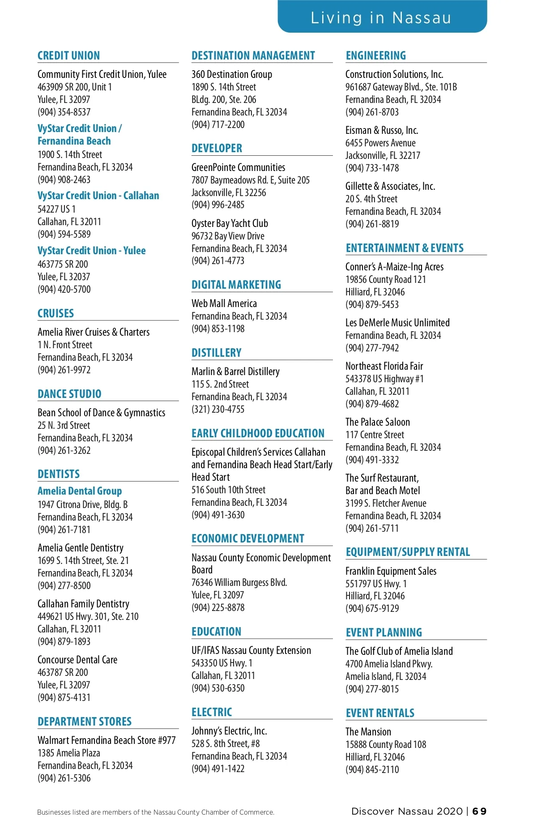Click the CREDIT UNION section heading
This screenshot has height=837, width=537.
[x=68, y=56]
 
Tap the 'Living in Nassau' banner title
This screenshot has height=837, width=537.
[x=381, y=18]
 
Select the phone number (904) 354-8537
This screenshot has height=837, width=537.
[x=64, y=112]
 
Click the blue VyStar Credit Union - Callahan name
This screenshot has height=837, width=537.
[x=98, y=196]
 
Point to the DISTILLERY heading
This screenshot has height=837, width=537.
[x=216, y=353]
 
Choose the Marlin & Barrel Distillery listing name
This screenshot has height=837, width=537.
[x=235, y=372]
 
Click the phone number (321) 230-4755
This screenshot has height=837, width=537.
[x=218, y=409]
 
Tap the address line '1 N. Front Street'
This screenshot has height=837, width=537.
[x=65, y=345]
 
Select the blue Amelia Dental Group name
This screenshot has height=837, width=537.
[x=80, y=491]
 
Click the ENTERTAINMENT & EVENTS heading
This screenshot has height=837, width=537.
[x=405, y=248]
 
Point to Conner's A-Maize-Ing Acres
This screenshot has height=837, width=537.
[x=394, y=267]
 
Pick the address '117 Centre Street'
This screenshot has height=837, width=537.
[x=375, y=435]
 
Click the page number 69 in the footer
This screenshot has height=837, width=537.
[x=479, y=811]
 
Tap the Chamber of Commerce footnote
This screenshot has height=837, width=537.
[x=156, y=812]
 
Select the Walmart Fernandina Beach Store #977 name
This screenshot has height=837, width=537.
[x=107, y=740]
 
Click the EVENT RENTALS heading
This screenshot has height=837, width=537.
[x=380, y=713]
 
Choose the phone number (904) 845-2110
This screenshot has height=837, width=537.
[x=372, y=769]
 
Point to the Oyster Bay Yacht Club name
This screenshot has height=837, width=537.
[x=230, y=223]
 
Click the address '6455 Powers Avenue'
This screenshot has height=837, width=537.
[x=380, y=143]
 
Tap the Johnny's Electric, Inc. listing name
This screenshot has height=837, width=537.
[x=229, y=731]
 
